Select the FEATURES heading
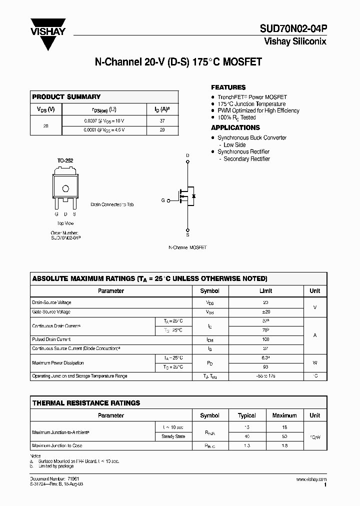coord(228,87)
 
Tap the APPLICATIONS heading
coord(235,127)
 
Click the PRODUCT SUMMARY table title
coord(66,96)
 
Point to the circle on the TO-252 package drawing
coord(65,188)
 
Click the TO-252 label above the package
coord(65,160)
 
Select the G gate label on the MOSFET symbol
coord(163,200)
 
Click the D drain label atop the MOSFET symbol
coord(188,155)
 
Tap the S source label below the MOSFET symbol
coord(188,234)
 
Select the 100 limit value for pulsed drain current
coord(265,339)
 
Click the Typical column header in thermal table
coord(247,415)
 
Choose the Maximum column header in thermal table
coord(284,415)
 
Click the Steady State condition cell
coord(173,436)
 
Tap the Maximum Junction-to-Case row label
coord(57,445)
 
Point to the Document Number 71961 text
coord(51,479)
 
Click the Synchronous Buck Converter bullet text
coord(252,137)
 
